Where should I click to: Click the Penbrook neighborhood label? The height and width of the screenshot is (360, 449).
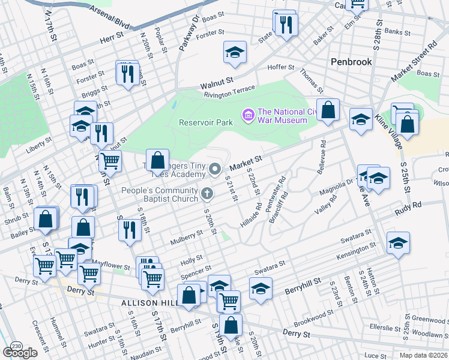point(351,62)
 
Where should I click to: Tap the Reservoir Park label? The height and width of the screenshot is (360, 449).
point(205,122)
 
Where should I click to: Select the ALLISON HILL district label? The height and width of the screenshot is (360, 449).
point(149,304)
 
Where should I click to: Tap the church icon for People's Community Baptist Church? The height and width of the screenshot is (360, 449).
point(208,193)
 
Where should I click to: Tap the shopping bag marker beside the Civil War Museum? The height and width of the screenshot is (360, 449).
point(328,110)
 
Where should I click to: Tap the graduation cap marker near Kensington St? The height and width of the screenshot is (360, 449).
point(398,243)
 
